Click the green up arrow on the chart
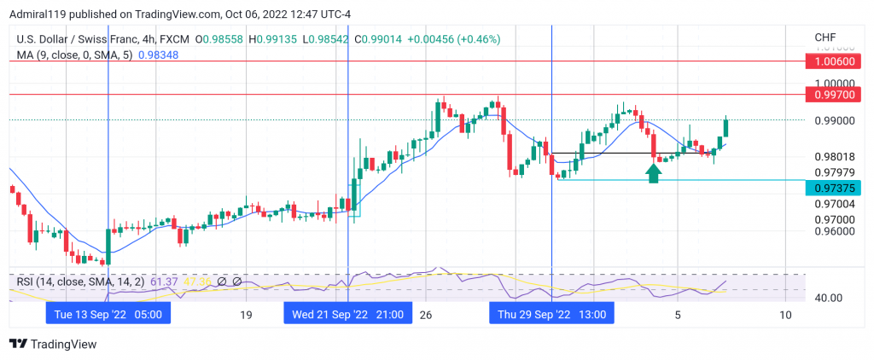tap(653, 173)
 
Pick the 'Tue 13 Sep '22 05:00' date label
tap(108, 314)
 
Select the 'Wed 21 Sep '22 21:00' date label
tap(347, 314)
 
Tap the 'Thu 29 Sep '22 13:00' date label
tap(551, 314)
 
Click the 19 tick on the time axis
tap(246, 315)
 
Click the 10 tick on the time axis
tap(785, 315)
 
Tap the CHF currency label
tap(825, 38)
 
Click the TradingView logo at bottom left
tap(53, 344)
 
